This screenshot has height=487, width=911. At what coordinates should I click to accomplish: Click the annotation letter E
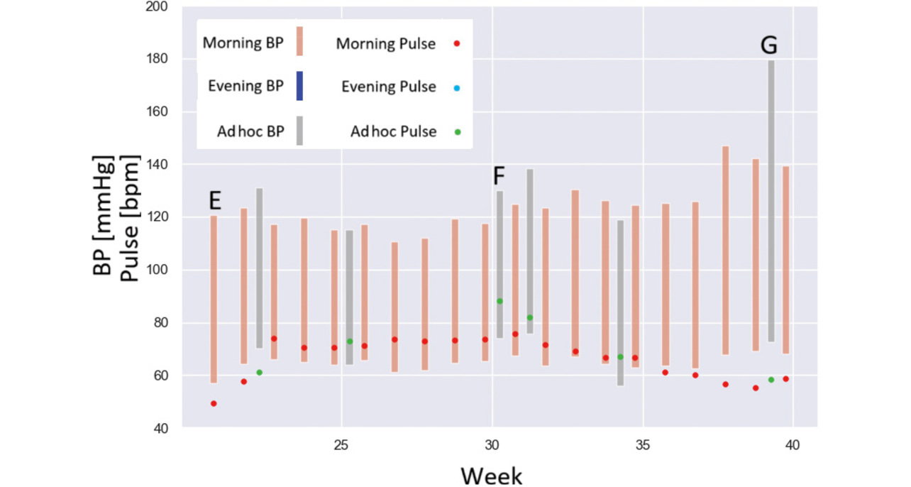tap(215, 201)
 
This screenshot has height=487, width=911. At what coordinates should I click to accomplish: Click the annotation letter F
tap(499, 176)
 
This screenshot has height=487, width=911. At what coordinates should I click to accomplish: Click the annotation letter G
tap(768, 46)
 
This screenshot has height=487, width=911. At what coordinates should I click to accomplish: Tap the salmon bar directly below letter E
tap(214, 298)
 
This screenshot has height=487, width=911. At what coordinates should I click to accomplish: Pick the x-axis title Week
tap(491, 475)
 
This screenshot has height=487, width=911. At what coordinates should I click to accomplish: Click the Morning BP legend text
tap(243, 43)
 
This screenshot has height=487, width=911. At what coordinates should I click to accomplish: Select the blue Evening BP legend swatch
tap(299, 87)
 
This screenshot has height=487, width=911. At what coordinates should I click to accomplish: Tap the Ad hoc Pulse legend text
tap(393, 132)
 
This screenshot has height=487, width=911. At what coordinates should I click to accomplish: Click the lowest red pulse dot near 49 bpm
tap(214, 404)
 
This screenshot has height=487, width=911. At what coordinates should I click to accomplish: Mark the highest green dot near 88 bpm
tap(499, 301)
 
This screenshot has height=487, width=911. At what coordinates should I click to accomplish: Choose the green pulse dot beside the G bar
tap(771, 380)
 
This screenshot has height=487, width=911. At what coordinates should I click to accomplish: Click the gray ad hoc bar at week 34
tap(620, 302)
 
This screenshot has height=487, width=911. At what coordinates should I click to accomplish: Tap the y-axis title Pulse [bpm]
tap(130, 217)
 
